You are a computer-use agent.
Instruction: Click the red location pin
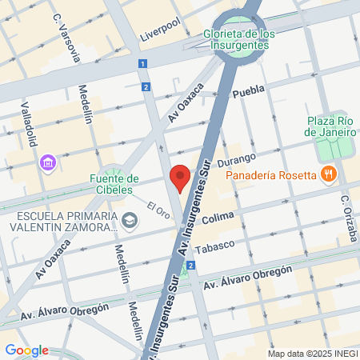pyautogui.click(x=181, y=178)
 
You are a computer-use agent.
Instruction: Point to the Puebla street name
pyautogui.click(x=248, y=93)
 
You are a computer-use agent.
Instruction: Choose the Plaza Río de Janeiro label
pyautogui.click(x=331, y=126)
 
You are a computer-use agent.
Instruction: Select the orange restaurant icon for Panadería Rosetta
pyautogui.click(x=327, y=174)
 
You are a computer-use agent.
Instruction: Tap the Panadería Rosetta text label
pyautogui.click(x=271, y=175)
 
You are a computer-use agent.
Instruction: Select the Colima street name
pyautogui.click(x=218, y=218)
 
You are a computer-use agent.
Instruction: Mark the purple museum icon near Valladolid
pyautogui.click(x=48, y=163)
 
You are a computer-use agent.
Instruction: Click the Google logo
pyautogui.click(x=26, y=350)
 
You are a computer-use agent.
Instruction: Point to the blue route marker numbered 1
pyautogui.click(x=142, y=64)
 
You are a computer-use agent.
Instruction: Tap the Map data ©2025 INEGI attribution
pyautogui.click(x=310, y=354)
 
